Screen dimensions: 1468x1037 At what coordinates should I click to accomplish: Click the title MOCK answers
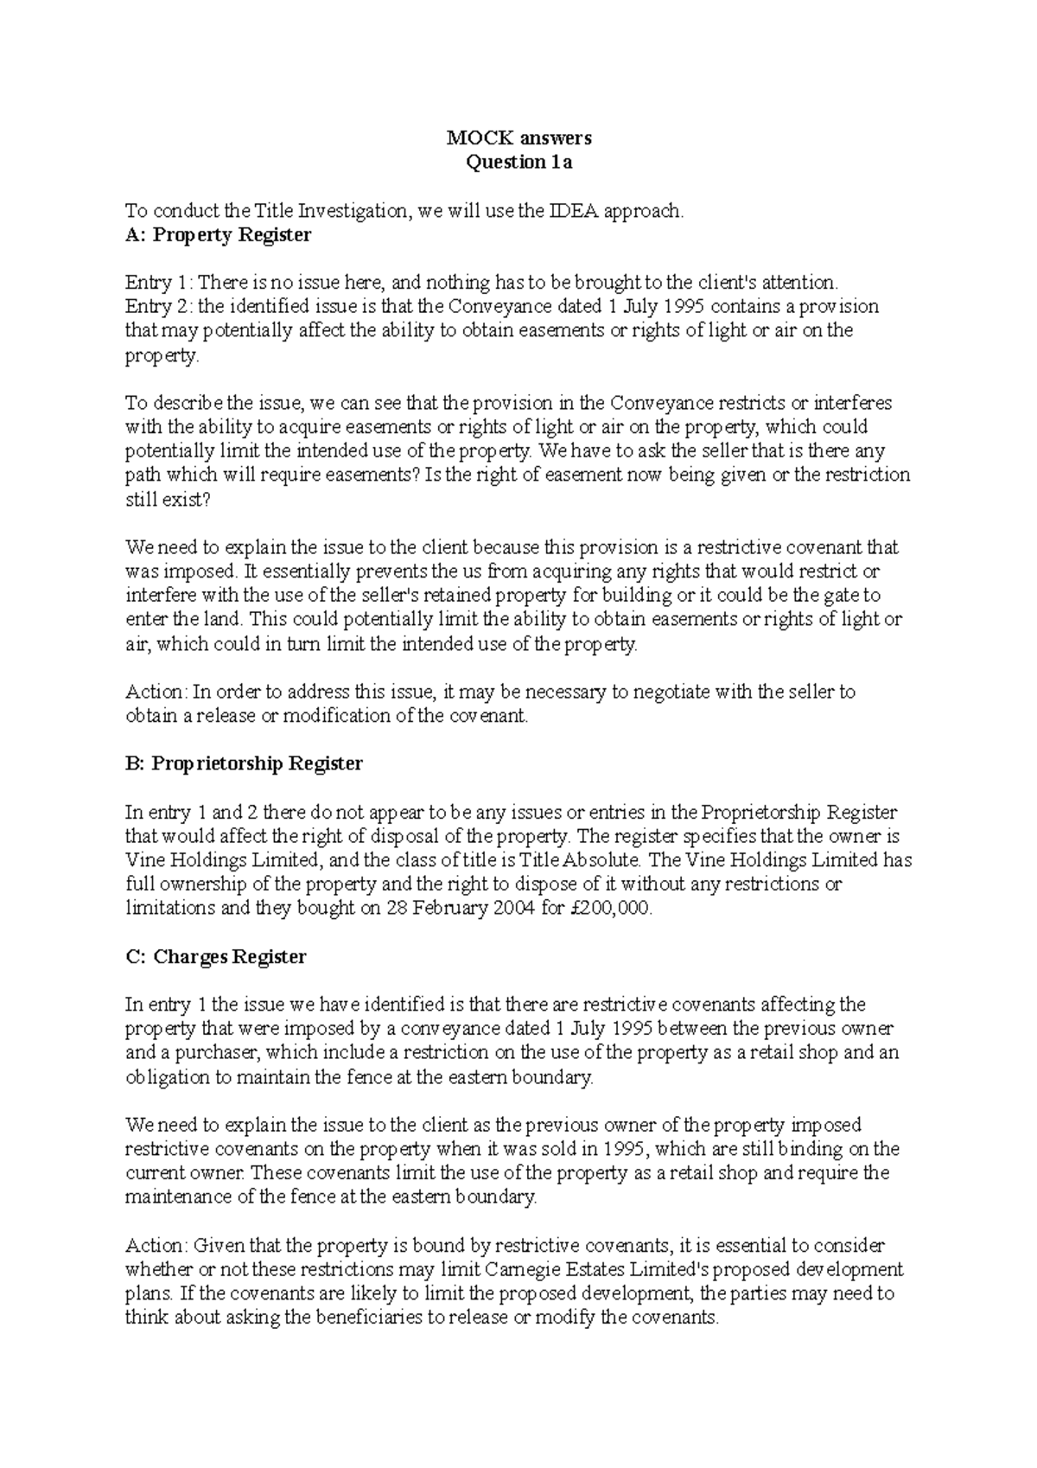coord(518,137)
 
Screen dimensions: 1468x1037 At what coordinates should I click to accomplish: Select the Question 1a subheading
coord(518,162)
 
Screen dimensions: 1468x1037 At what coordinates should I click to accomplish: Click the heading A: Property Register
coord(218,234)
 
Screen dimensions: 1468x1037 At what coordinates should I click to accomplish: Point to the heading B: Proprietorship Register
coord(244,763)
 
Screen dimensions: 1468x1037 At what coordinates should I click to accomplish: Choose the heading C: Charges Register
coord(215,957)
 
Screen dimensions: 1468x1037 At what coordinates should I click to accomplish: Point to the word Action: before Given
coord(156,1246)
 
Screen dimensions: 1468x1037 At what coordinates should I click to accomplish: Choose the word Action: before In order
coord(156,692)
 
